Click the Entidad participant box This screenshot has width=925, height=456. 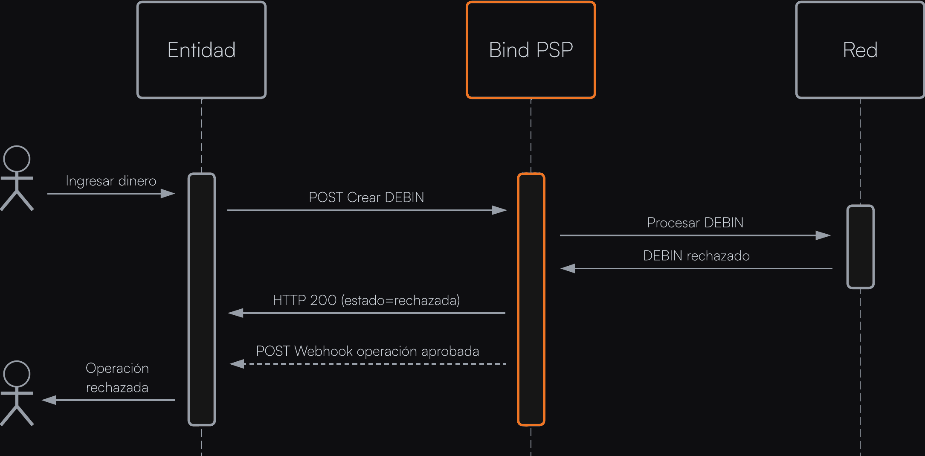(x=201, y=50)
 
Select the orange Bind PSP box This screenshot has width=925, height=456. (x=531, y=50)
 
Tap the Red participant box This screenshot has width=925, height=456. (x=860, y=50)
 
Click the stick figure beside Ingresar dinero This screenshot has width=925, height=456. (x=17, y=178)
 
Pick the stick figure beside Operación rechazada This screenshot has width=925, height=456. (x=17, y=393)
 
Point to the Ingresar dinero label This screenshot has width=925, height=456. (x=111, y=181)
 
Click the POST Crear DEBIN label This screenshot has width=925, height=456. (x=366, y=198)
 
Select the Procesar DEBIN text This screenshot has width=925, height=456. (x=695, y=223)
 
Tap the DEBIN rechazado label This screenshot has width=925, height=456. (x=696, y=256)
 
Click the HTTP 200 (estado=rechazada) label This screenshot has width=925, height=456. (x=366, y=300)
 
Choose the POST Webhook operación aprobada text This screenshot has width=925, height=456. (x=367, y=351)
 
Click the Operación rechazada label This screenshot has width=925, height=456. (x=117, y=378)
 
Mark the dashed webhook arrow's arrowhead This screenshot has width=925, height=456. (x=237, y=364)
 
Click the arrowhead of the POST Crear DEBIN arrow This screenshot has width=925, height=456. (x=499, y=210)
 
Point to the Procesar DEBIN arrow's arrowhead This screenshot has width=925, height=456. (x=823, y=235)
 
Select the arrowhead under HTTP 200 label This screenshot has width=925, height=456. (x=236, y=313)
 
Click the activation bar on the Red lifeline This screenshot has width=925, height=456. (x=860, y=247)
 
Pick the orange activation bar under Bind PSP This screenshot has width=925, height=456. (x=531, y=299)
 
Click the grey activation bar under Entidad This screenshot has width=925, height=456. (x=202, y=299)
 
